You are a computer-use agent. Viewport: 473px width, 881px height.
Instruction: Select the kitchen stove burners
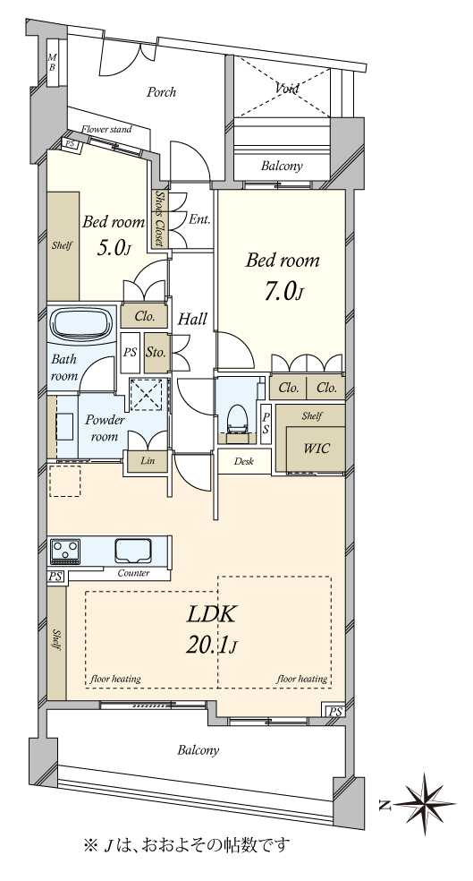pyautogui.click(x=65, y=551)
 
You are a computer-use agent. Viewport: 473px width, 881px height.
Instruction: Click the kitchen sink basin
pyautogui.click(x=133, y=551)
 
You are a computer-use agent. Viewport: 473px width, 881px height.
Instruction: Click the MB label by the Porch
pyautogui.click(x=52, y=61)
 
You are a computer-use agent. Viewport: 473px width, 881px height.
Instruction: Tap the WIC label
pyautogui.click(x=317, y=449)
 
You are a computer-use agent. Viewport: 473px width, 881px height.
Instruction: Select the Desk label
pyautogui.click(x=243, y=462)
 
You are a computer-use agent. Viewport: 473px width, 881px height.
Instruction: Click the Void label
pyautogui.click(x=287, y=88)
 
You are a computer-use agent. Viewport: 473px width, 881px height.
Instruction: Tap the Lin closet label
pyautogui.click(x=147, y=461)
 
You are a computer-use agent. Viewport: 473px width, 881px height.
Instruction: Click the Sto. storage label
pyautogui.click(x=156, y=353)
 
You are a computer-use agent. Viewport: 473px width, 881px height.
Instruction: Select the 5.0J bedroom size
pyautogui.click(x=114, y=249)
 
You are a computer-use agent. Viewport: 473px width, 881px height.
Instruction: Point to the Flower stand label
pyautogui.click(x=106, y=130)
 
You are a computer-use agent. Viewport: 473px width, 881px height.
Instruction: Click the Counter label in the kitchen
pyautogui.click(x=133, y=573)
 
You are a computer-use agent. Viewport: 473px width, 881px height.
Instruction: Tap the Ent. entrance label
pyautogui.click(x=199, y=219)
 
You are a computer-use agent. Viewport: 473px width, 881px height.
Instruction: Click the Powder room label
pyautogui.click(x=105, y=428)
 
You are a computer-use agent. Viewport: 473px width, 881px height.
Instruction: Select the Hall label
pyautogui.click(x=192, y=319)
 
